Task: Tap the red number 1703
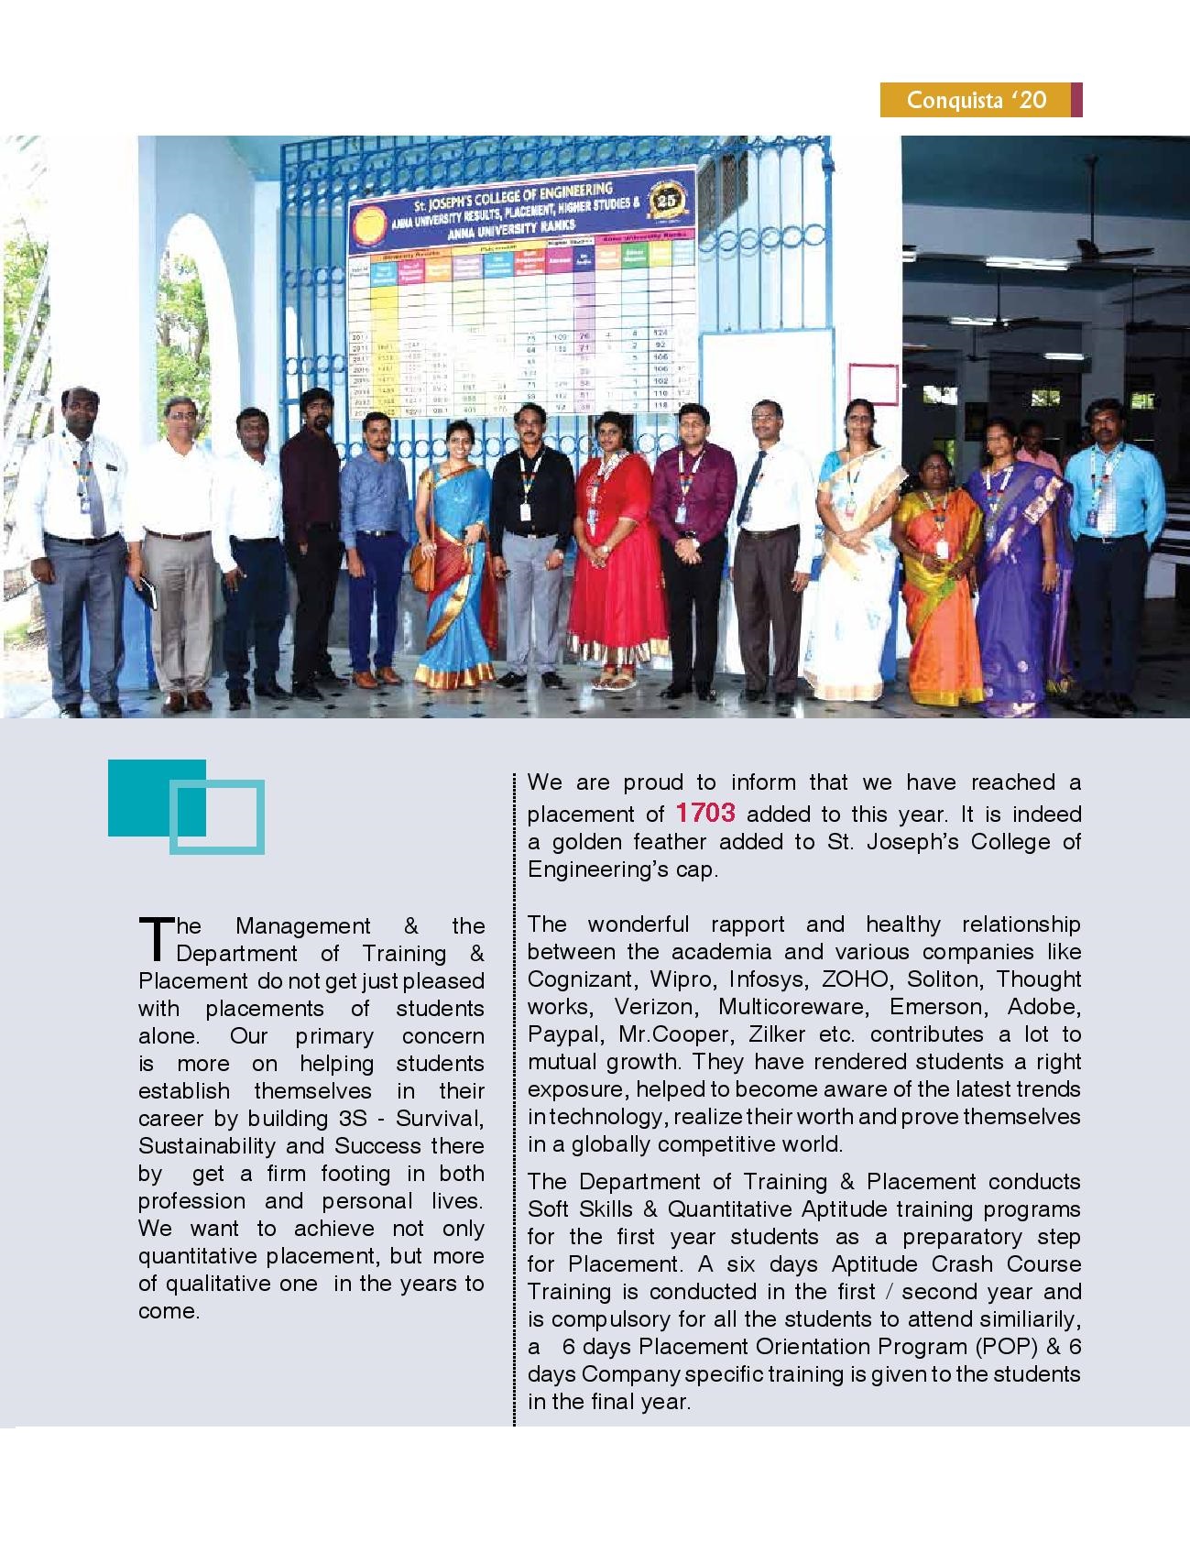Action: click(704, 813)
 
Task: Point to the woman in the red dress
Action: click(617, 541)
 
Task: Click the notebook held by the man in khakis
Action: click(146, 596)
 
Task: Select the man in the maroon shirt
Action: click(692, 541)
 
